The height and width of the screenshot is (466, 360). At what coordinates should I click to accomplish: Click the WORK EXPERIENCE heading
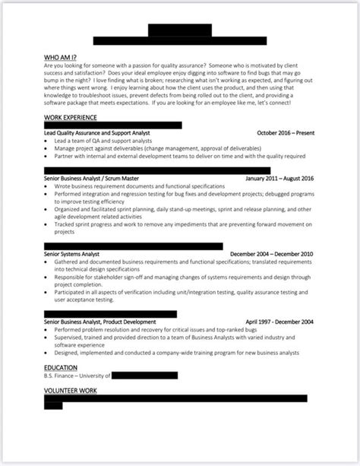71,117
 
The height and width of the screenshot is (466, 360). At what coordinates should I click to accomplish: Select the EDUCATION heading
61,366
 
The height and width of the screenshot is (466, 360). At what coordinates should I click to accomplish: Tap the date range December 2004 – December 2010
271,253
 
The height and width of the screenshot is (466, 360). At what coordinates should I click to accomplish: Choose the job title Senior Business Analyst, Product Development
100,322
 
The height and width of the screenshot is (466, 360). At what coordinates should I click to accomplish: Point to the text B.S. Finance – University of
78,376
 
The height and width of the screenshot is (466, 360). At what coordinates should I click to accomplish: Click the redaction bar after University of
145,376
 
